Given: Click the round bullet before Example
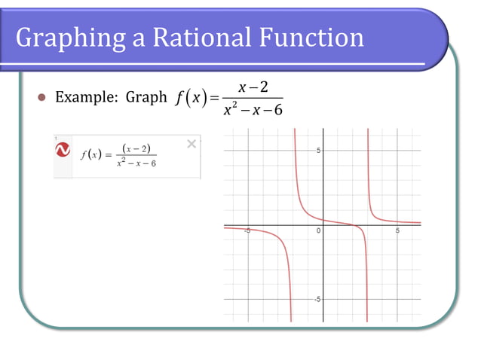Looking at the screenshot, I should (42, 98).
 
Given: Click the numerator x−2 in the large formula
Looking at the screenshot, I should (253, 88).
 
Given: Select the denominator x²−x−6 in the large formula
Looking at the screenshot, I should (252, 111).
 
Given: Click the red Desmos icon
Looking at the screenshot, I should (63, 149).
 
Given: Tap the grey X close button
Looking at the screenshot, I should (191, 144).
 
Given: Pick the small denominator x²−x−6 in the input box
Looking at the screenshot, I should (136, 163).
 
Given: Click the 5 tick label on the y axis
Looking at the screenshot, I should (319, 151).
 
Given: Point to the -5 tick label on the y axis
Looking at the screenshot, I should (317, 298).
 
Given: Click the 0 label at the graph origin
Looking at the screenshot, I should (318, 230).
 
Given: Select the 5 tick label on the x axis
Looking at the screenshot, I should (397, 230).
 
